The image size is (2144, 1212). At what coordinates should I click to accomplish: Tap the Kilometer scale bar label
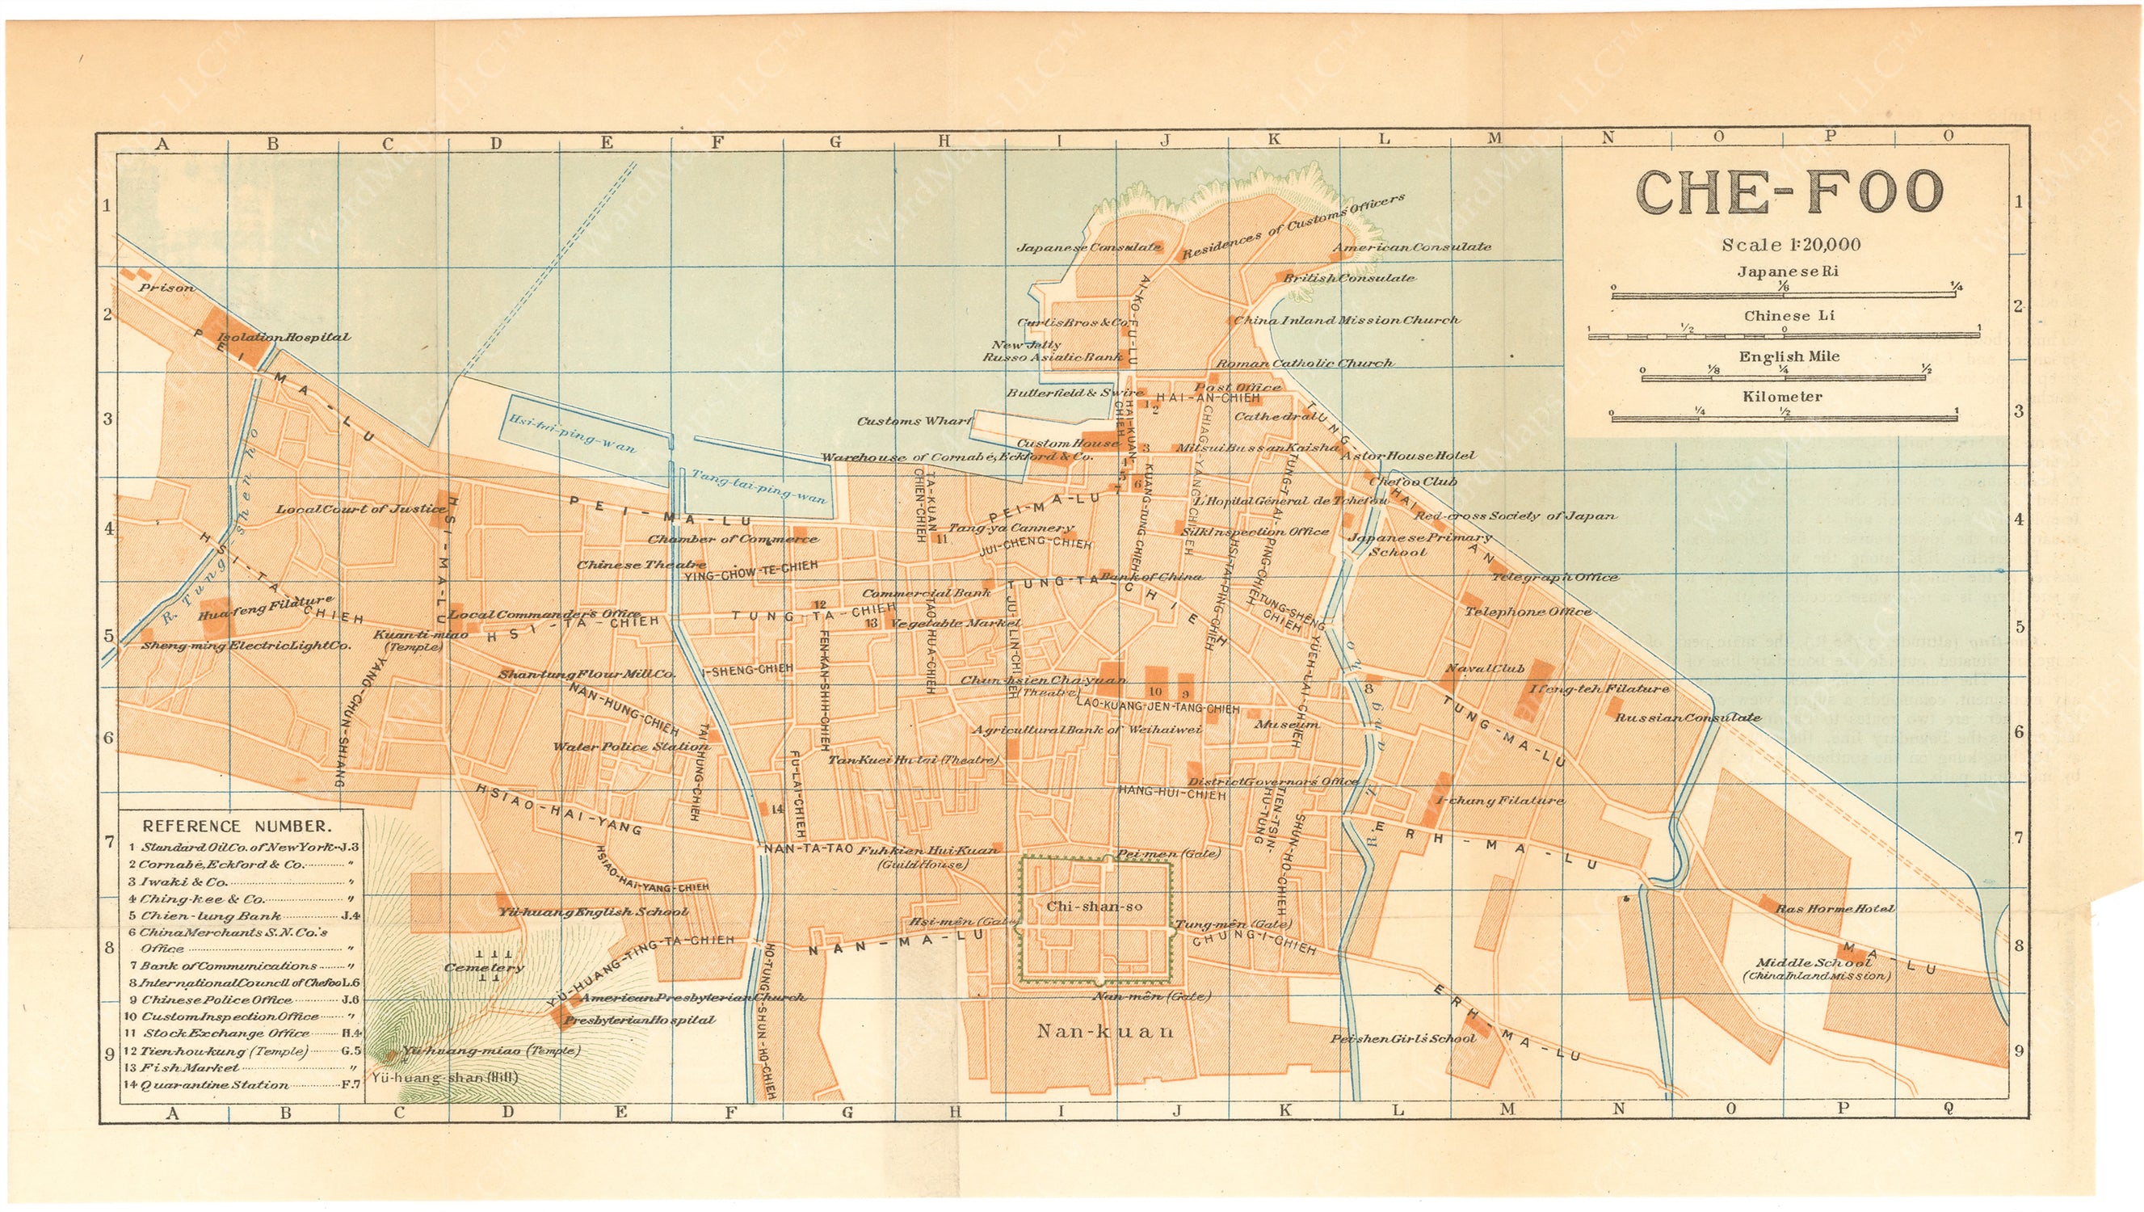point(1782,397)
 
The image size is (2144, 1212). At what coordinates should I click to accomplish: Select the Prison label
point(166,288)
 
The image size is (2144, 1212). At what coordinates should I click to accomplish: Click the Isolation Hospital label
point(284,337)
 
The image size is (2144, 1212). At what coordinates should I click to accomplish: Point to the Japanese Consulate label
point(1089,247)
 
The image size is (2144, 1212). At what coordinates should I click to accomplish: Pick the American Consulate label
point(1411,247)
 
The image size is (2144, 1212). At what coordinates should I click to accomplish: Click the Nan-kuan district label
point(1104,1031)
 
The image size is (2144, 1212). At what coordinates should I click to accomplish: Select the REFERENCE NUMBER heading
point(238,827)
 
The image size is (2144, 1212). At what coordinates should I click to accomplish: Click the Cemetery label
point(485,967)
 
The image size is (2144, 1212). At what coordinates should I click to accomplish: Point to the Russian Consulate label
point(1687,718)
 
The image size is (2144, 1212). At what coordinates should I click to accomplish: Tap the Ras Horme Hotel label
point(1835,908)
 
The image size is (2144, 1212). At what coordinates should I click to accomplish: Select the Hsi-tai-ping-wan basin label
point(573,434)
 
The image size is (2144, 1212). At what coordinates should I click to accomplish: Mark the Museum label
point(1287,724)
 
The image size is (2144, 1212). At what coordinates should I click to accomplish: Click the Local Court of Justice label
point(360,508)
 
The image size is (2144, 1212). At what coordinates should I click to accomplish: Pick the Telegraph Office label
point(1554,577)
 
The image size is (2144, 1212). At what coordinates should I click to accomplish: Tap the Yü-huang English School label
point(593,911)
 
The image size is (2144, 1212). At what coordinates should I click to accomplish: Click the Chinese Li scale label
point(1784,315)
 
